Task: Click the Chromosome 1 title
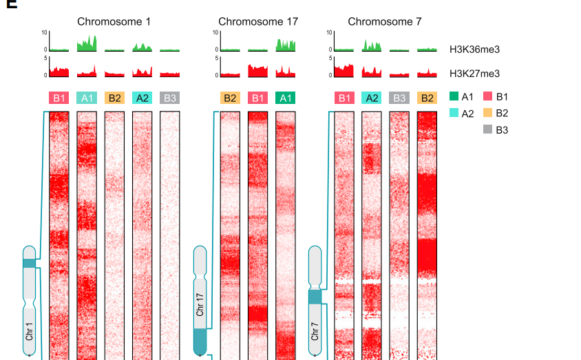(x=114, y=21)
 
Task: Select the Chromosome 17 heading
(x=258, y=21)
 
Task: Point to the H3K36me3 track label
(x=474, y=50)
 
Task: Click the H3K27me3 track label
(x=474, y=73)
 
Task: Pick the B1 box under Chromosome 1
(x=60, y=98)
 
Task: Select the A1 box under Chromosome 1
(x=87, y=98)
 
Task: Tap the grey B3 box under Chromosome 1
(x=170, y=98)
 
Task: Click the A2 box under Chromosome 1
(x=142, y=98)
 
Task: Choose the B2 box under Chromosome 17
(x=230, y=98)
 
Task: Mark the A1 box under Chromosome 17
(x=285, y=98)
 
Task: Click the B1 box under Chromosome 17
(x=257, y=98)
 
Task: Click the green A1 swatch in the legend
(x=454, y=97)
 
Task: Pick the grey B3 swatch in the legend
(x=488, y=129)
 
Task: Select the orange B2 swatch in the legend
(x=488, y=113)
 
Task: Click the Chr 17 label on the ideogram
(x=200, y=304)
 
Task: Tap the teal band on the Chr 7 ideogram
(x=315, y=297)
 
